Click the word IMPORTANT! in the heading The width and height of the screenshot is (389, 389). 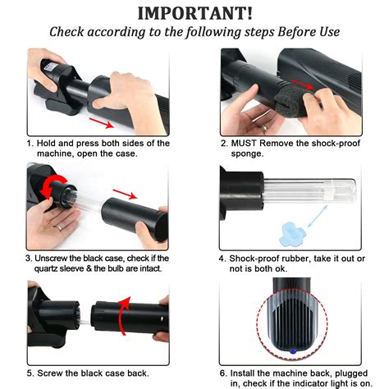pyautogui.click(x=194, y=13)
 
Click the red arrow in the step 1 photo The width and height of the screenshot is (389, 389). pyautogui.click(x=101, y=123)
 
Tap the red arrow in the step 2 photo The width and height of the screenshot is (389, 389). pyautogui.click(x=302, y=85)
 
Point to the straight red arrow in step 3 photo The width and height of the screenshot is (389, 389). pyautogui.click(x=125, y=194)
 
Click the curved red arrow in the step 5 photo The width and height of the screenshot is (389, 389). pyautogui.click(x=124, y=315)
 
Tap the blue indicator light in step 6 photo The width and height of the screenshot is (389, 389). pyautogui.click(x=293, y=351)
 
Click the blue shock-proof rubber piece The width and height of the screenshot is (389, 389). pyautogui.click(x=291, y=234)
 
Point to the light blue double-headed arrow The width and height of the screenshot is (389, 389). pyautogui.click(x=318, y=216)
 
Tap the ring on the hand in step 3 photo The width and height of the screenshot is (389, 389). pyautogui.click(x=59, y=227)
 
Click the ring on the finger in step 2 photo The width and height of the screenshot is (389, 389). pyautogui.click(x=264, y=128)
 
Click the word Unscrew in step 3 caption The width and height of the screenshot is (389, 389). pyautogui.click(x=51, y=259)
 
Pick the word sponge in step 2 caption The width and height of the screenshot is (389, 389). pyautogui.click(x=247, y=154)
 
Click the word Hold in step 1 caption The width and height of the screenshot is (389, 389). pyautogui.click(x=46, y=143)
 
